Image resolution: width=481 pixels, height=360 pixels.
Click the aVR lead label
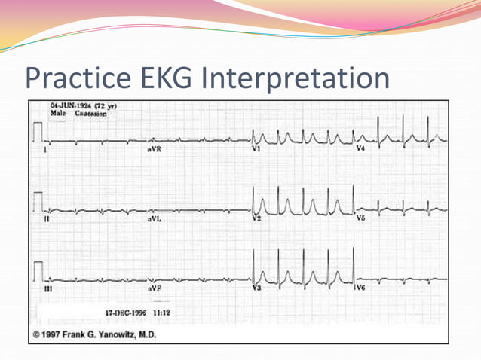coord(156,149)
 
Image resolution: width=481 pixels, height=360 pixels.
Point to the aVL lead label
coord(155,219)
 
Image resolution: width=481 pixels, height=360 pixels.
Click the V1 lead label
coord(256,149)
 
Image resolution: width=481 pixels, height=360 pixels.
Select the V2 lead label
coord(256,218)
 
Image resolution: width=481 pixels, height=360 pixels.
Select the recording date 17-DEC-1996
coord(123,311)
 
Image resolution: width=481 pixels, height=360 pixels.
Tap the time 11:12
coord(163,311)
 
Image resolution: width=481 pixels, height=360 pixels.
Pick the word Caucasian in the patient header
coord(90,114)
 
